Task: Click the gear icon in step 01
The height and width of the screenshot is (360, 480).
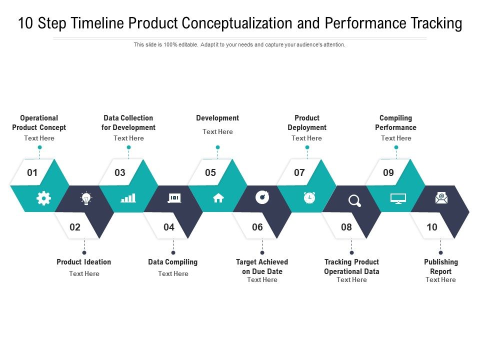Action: [43, 198]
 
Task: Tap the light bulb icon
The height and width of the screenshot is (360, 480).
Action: [86, 198]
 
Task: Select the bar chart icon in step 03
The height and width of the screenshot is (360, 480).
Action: [128, 198]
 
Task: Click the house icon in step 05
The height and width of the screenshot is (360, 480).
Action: [218, 198]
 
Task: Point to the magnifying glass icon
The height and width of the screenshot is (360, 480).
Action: [354, 200]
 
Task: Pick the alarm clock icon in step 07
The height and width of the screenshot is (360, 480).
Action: [309, 198]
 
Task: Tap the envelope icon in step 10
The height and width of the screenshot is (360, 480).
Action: [441, 198]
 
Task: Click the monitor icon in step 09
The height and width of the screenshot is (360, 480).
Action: [398, 198]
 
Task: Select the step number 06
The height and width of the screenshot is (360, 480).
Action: [257, 227]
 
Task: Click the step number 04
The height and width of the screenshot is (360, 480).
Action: [169, 227]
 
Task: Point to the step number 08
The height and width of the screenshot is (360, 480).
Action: [346, 227]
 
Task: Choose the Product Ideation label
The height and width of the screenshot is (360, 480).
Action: [84, 262]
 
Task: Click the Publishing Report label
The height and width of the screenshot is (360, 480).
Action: [440, 266]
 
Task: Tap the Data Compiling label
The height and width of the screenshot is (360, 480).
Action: [173, 262]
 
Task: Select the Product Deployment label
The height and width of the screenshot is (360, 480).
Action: [307, 122]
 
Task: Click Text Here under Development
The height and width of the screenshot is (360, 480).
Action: [217, 131]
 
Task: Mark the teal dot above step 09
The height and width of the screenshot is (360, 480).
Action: [396, 147]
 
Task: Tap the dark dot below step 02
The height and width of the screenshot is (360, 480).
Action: [84, 252]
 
